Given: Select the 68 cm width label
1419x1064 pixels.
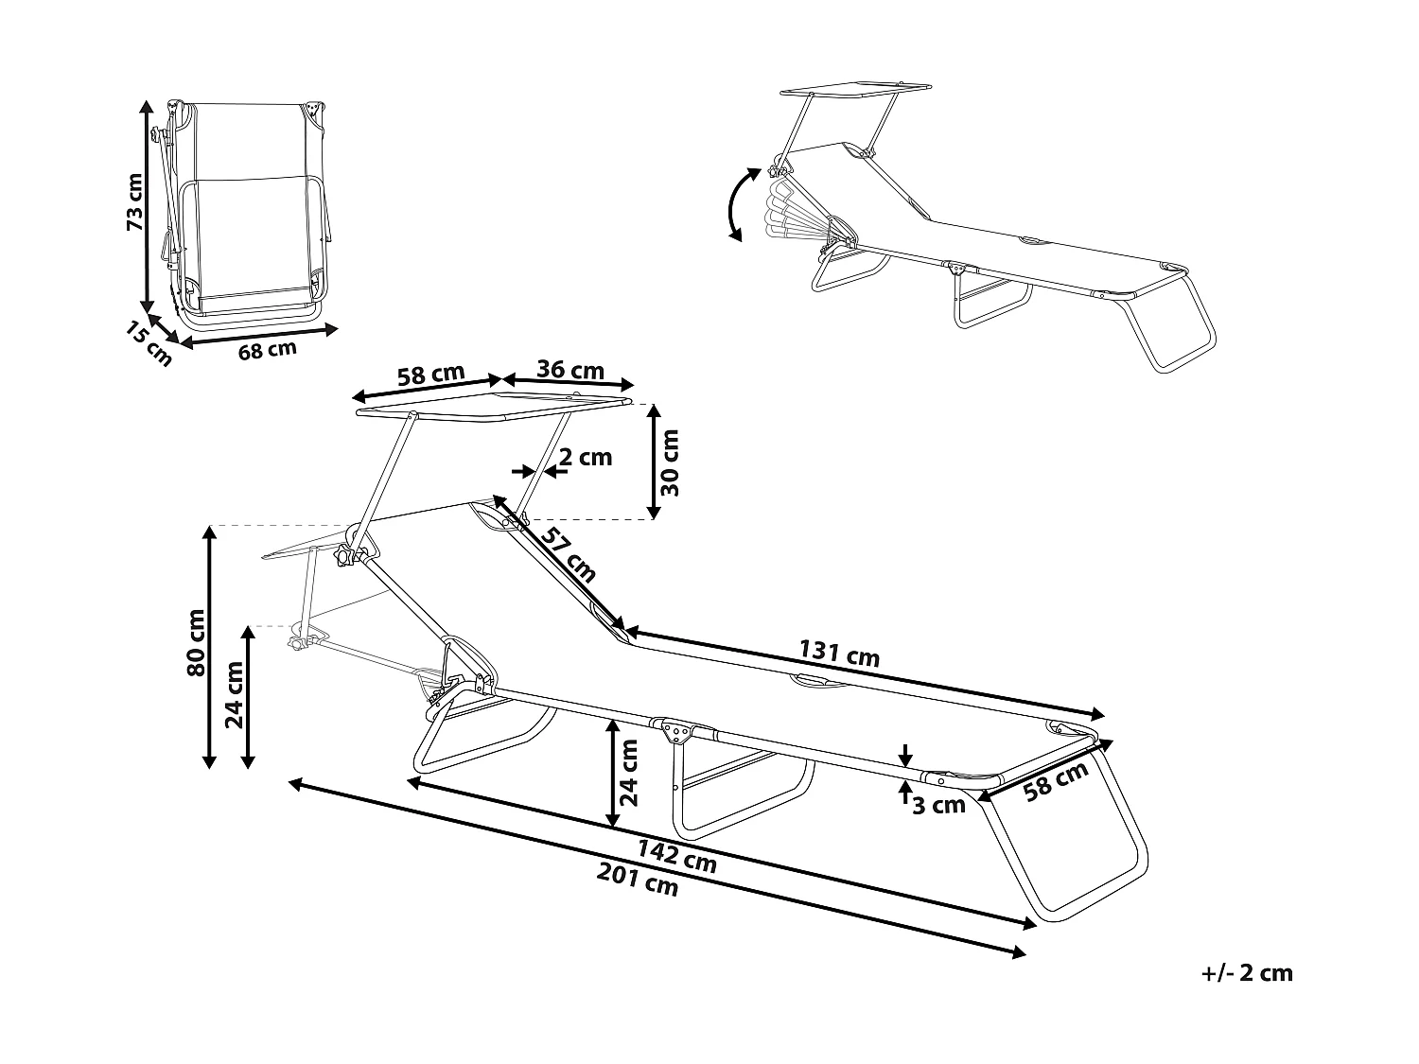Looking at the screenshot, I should click(267, 350).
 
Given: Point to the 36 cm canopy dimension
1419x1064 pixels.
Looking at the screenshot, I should click(569, 370).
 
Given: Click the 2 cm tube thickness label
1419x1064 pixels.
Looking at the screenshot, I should click(585, 458).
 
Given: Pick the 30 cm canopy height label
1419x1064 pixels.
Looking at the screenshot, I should click(670, 462).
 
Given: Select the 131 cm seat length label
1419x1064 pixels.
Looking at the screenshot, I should click(839, 654).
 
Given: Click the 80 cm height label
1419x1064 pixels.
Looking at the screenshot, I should click(196, 642).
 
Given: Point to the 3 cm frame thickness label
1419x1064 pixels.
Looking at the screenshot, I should click(939, 805).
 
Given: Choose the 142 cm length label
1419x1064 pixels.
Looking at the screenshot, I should click(675, 857).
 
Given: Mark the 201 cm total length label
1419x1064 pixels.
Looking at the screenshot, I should click(638, 881).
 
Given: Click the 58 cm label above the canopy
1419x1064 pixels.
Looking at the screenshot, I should click(430, 375).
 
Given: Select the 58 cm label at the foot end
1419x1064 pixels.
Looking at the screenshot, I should click(1058, 782).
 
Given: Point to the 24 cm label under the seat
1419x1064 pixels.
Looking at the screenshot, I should click(626, 772).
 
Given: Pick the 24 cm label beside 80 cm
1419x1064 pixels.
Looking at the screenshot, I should click(235, 694).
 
